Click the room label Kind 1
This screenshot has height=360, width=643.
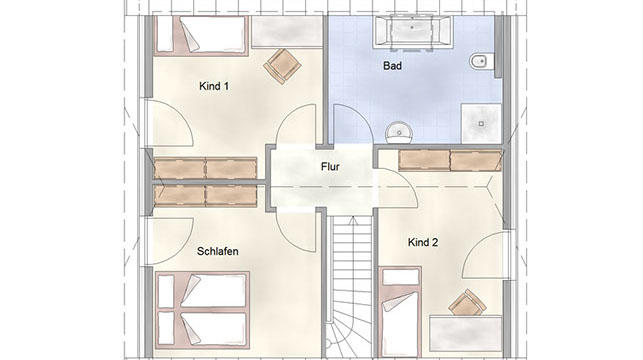[x=214, y=86]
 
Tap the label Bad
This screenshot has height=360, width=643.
[x=392, y=66]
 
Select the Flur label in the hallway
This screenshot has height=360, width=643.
[x=330, y=167]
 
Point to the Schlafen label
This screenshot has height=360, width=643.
[x=217, y=251]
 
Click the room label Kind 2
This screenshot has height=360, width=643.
[x=423, y=242]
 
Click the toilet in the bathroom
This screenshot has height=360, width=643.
[x=481, y=62]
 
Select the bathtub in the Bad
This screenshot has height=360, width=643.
[x=413, y=32]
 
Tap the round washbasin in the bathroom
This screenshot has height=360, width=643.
[x=399, y=132]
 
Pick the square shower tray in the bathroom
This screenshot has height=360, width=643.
[x=481, y=123]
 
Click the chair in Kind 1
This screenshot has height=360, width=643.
[x=282, y=66]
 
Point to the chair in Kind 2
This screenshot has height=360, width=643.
[x=467, y=303]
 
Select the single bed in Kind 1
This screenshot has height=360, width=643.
[x=201, y=35]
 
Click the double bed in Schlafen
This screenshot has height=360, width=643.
[x=202, y=310]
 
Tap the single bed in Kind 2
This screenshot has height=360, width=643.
[x=400, y=312]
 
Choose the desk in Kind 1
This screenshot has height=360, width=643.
[x=287, y=32]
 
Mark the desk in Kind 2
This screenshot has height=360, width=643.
[x=465, y=333]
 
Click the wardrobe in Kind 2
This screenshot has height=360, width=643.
[x=450, y=160]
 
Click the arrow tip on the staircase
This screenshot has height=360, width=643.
[x=352, y=218]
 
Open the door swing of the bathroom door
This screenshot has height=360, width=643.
[x=353, y=124]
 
